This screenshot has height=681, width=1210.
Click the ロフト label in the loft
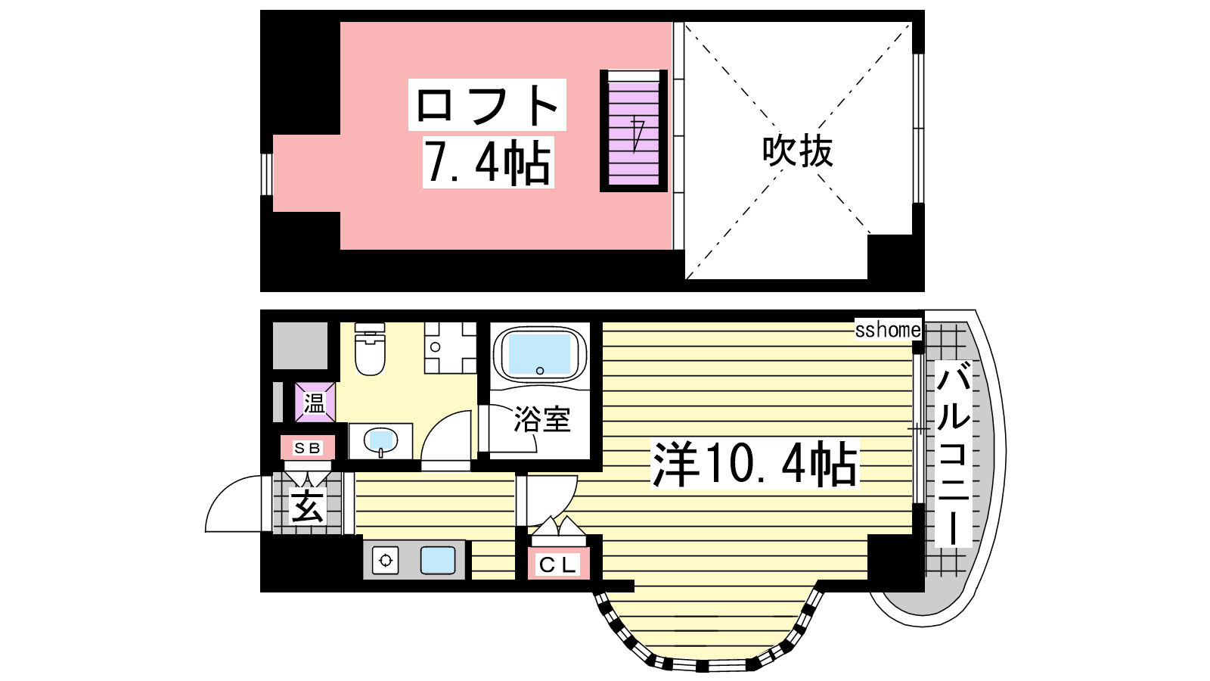point(487,105)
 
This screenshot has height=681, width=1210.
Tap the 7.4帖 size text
point(488,162)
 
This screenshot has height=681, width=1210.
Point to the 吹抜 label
point(797,151)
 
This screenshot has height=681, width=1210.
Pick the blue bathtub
point(540,354)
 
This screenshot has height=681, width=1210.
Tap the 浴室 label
point(541,419)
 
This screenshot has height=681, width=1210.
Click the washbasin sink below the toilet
point(381,441)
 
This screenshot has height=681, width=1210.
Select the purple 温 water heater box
point(315,403)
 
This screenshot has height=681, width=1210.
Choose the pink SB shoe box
point(307,447)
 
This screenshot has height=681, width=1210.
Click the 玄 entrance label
point(307,506)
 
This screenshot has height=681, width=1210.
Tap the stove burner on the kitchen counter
point(385,561)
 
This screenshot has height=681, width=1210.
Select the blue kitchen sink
point(438,560)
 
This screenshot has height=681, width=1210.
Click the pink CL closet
point(558,564)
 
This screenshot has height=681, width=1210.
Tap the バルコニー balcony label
point(954,454)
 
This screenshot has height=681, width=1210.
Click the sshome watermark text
point(888,330)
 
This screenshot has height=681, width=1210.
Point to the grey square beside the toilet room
point(299,346)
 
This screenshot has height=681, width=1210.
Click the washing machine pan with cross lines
point(451,348)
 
